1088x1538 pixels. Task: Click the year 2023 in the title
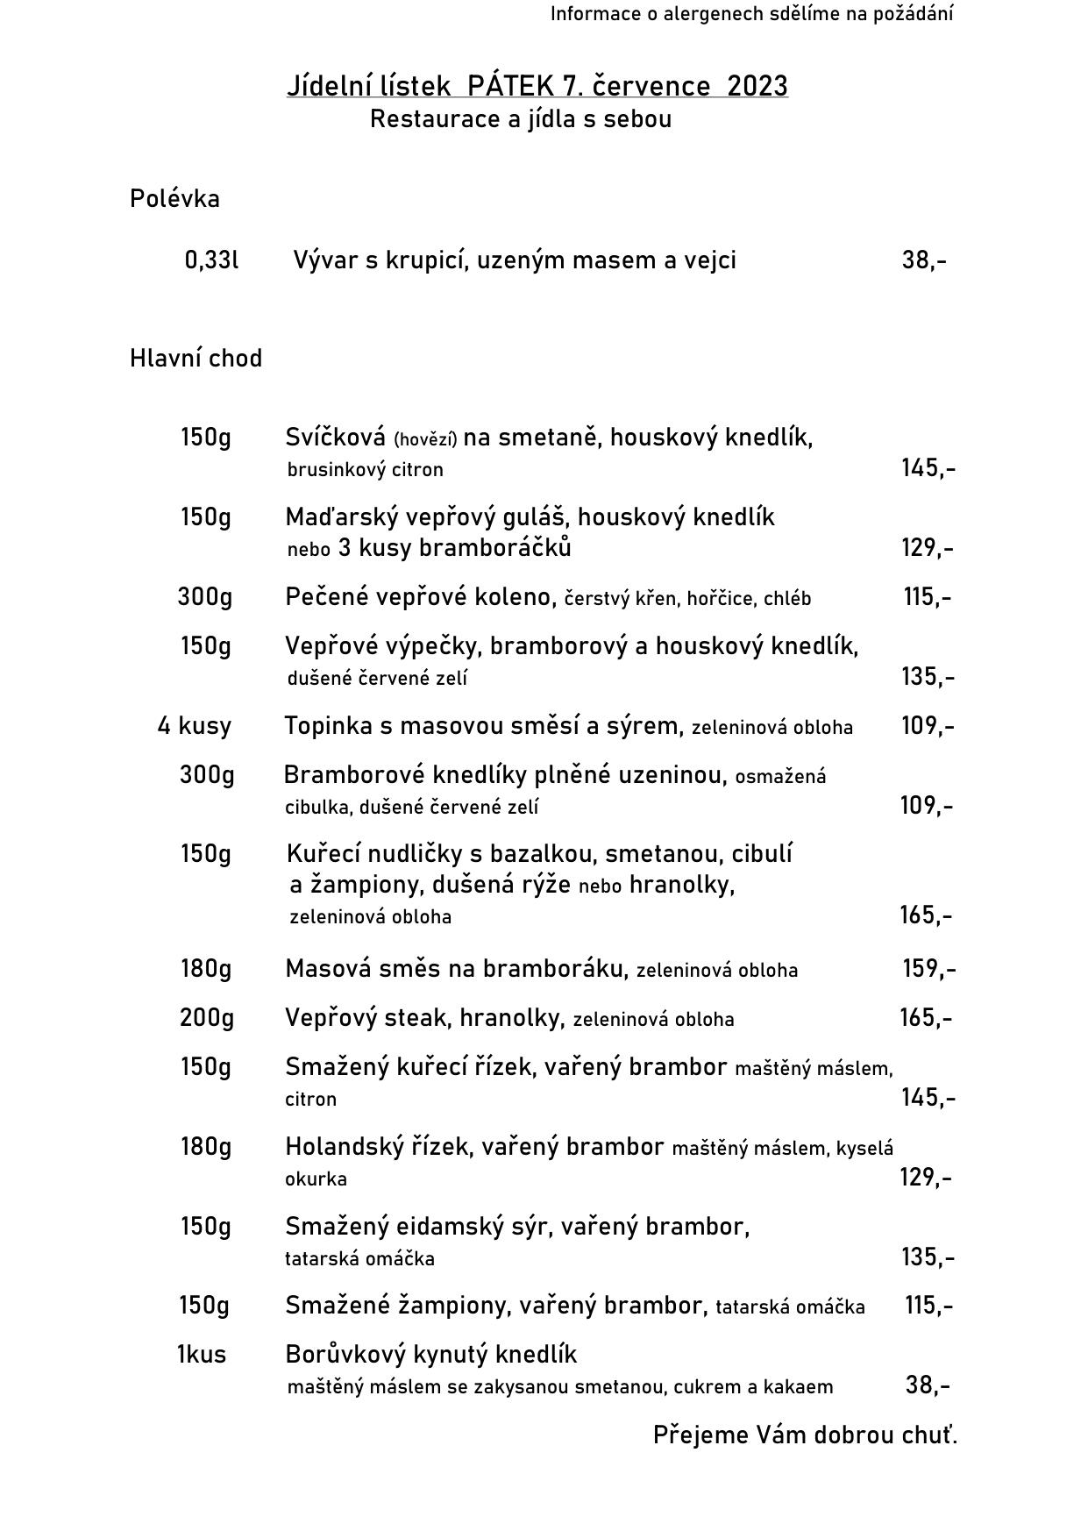[757, 86]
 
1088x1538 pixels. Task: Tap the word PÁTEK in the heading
[510, 86]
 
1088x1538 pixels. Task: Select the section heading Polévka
[174, 199]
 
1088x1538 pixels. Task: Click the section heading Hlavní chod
[196, 359]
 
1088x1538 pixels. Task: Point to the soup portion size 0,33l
[211, 260]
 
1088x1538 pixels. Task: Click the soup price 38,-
[924, 260]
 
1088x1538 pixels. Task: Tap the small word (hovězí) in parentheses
[425, 438]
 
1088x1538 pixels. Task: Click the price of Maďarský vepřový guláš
[927, 548]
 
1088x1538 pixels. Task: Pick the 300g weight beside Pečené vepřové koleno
[205, 597]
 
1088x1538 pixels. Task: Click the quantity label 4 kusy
[195, 726]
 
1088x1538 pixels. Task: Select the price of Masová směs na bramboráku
[928, 969]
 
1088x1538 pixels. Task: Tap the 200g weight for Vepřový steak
[207, 1018]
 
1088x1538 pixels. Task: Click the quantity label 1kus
[202, 1355]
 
